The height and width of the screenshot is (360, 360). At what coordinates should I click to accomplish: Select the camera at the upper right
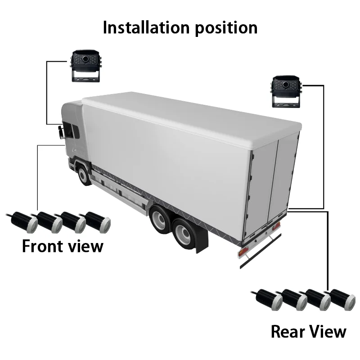286,91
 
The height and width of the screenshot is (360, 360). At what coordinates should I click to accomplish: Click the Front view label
63,246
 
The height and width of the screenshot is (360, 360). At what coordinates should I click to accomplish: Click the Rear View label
308,332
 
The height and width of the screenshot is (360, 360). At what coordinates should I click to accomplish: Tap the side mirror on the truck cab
60,132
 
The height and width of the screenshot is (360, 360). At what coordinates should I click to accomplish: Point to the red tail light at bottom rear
243,252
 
